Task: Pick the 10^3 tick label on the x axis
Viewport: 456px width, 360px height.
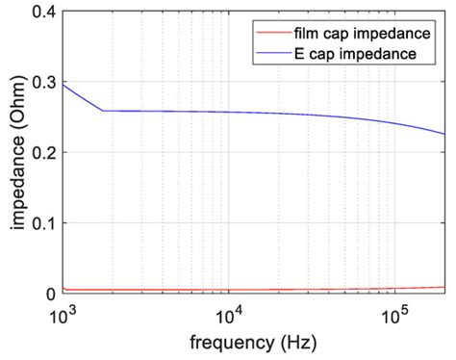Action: (63, 315)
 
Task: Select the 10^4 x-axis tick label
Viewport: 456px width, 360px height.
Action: (228, 315)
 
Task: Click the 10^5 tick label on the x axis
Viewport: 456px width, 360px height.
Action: (393, 315)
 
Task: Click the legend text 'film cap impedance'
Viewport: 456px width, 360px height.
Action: (354, 33)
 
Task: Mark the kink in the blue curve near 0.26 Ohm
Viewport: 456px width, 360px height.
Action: (103, 111)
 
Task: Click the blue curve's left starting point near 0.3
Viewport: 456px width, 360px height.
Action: (63, 85)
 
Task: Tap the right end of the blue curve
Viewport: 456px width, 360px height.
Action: (444, 134)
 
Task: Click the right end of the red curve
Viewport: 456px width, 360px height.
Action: (444, 287)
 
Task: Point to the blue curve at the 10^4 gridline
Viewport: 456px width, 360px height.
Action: (228, 113)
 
